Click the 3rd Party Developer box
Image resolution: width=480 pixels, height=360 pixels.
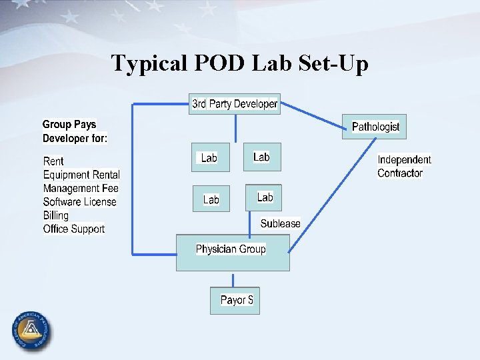pyautogui.click(x=235, y=104)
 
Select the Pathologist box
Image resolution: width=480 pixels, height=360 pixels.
pyautogui.click(x=374, y=127)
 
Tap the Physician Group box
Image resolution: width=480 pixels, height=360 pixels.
pyautogui.click(x=232, y=252)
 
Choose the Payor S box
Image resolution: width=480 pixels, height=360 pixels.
pyautogui.click(x=233, y=300)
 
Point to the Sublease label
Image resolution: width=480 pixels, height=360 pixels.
pyautogui.click(x=280, y=223)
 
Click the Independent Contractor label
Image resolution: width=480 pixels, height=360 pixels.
pyautogui.click(x=404, y=166)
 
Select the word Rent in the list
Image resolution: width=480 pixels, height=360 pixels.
pyautogui.click(x=53, y=161)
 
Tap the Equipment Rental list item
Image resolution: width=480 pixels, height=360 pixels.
pyautogui.click(x=81, y=175)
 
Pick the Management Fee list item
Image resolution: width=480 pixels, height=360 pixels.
pyautogui.click(x=81, y=188)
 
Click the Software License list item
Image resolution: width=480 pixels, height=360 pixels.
pyautogui.click(x=79, y=201)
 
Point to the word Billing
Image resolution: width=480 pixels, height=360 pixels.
pyautogui.click(x=56, y=215)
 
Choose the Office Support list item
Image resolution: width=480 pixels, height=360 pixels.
pyautogui.click(x=73, y=229)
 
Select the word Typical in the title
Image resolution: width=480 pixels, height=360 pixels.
pyautogui.click(x=148, y=63)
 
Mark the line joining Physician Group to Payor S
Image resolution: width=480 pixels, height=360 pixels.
pyautogui.click(x=233, y=279)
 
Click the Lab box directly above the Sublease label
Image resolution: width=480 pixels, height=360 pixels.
pyautogui.click(x=264, y=197)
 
